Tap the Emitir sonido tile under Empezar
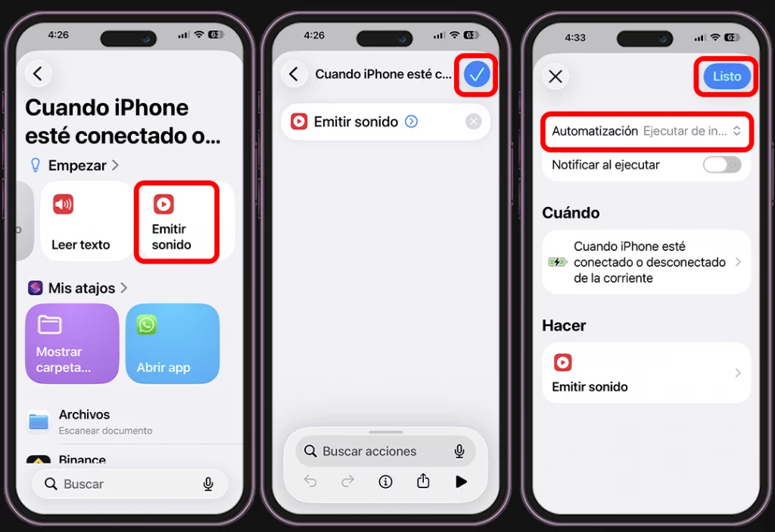click(176, 221)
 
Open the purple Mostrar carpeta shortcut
click(72, 344)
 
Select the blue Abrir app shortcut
click(173, 344)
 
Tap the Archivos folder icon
click(39, 421)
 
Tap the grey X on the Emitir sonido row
click(474, 122)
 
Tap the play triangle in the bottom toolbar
click(461, 481)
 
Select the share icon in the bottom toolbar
click(423, 481)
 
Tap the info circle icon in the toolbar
click(386, 481)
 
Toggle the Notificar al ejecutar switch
click(721, 165)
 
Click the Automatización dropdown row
click(646, 131)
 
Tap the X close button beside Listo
click(556, 76)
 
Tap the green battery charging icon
click(557, 262)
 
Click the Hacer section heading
click(564, 326)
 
